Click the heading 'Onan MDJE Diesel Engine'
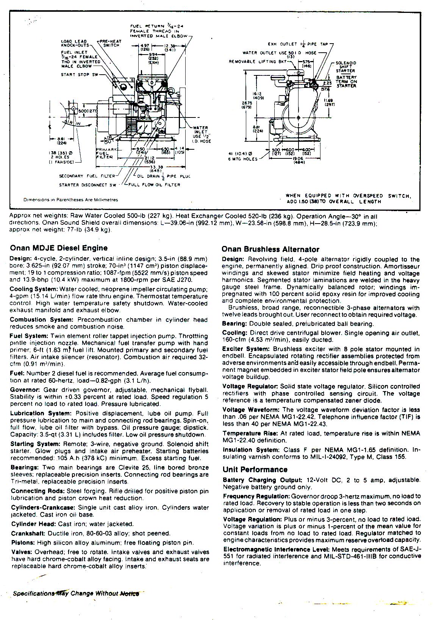59,248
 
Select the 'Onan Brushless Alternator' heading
270,249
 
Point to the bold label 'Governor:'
25,390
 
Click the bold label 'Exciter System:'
246,349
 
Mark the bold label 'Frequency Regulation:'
256,496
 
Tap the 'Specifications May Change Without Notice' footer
76,593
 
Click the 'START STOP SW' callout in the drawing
79,75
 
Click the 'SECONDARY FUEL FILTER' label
87,176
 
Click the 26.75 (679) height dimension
248,105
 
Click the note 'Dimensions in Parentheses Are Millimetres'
71,200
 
